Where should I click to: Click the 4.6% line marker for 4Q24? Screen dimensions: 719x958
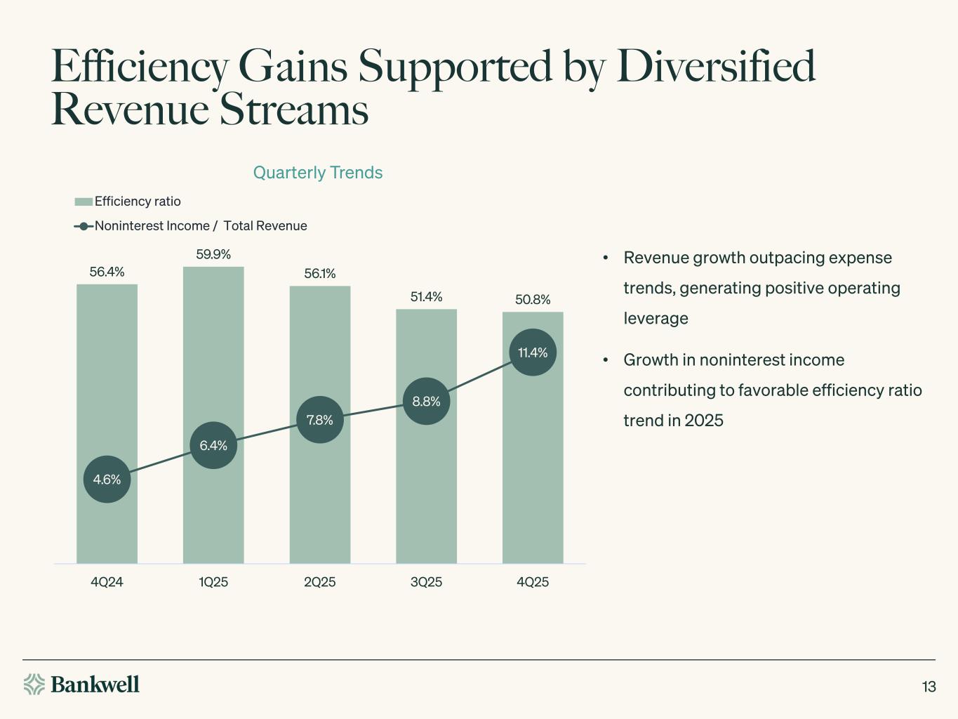107,480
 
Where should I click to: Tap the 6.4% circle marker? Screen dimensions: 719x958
213,445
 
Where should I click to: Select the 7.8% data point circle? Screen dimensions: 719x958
320,420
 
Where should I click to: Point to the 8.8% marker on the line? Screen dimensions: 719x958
426,402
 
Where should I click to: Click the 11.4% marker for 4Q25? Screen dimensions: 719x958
533,352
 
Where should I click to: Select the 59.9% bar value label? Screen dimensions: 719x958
213,254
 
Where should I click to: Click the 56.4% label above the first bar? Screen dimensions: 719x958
107,272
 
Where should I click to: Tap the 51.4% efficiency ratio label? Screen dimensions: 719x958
426,297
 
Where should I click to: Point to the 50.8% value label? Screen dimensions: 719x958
533,300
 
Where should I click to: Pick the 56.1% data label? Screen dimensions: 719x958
320,274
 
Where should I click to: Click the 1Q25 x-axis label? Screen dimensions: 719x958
213,582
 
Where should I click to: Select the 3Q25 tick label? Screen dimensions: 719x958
426,582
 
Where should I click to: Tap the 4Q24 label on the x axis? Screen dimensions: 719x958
107,582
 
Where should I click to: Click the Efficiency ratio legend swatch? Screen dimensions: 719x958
84,202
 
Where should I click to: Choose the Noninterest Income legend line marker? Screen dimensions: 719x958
84,226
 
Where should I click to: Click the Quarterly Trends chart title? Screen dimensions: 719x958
317,173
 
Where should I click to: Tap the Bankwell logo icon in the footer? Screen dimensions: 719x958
34,684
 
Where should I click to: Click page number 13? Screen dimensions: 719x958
929,687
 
